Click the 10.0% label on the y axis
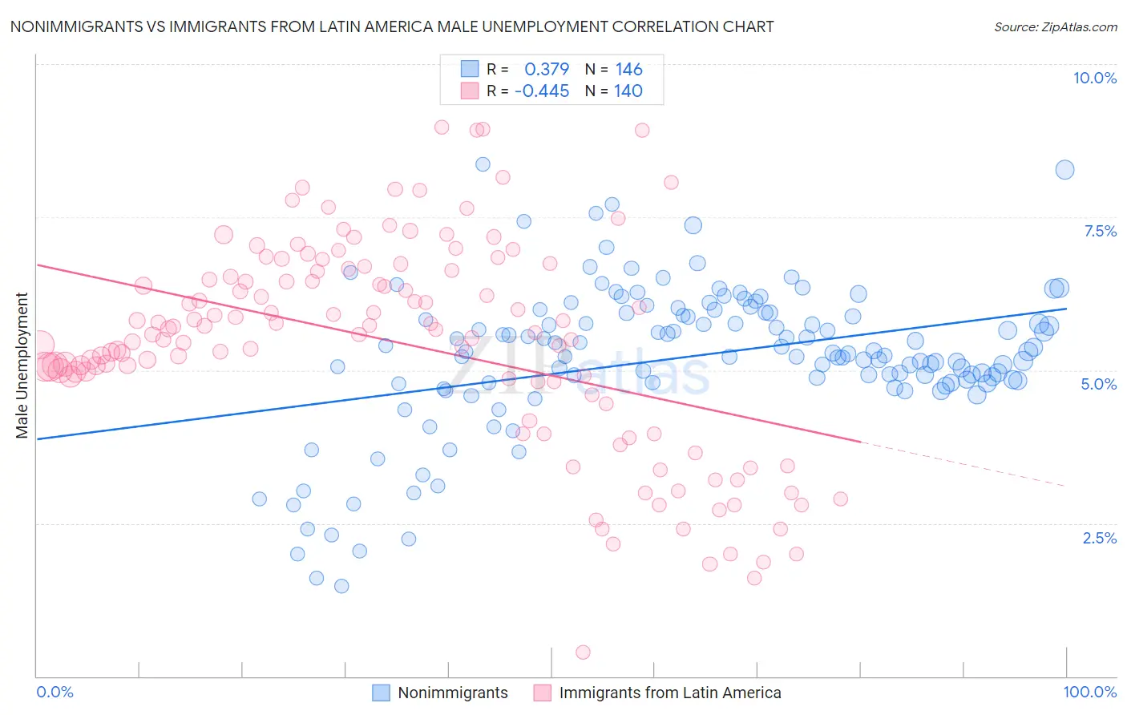(1094, 78)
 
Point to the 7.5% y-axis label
(1100, 231)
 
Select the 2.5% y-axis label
(1099, 538)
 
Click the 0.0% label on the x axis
(55, 692)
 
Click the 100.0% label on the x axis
(1089, 692)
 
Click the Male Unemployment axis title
(22, 366)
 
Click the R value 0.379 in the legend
(547, 69)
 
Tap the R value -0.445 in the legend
(542, 91)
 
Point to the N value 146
(628, 69)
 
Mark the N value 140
(628, 91)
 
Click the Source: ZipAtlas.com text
(1055, 26)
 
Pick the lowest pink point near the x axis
(583, 652)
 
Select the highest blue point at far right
(1064, 169)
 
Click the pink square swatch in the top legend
(470, 91)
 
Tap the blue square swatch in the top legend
(470, 69)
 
